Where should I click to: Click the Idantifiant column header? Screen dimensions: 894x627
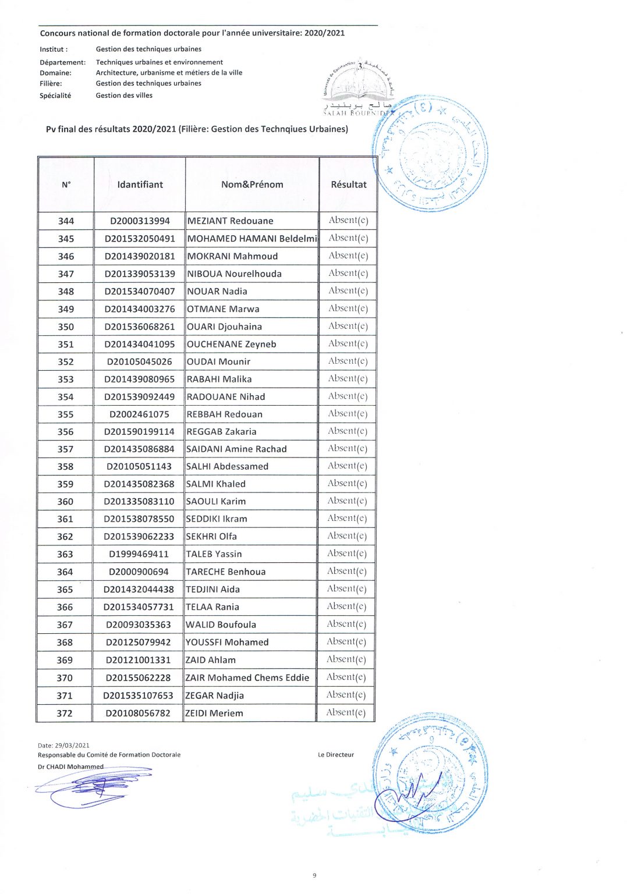(140, 185)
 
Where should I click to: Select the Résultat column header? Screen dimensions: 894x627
(349, 185)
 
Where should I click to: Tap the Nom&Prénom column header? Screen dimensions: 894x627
(252, 185)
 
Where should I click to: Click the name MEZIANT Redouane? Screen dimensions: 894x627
(230, 221)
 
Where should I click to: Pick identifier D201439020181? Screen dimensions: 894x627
(140, 256)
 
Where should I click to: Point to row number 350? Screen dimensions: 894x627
(66, 327)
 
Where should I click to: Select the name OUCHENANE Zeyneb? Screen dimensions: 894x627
(231, 344)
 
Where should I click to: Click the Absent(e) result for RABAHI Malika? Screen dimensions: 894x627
(348, 379)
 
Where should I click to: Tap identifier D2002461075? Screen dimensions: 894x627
(139, 414)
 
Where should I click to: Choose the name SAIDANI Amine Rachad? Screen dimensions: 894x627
(236, 449)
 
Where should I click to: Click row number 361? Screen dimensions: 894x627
(65, 519)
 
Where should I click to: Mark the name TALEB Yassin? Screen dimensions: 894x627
(214, 554)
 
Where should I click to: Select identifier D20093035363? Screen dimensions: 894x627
(139, 625)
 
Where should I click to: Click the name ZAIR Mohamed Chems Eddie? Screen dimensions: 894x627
(247, 677)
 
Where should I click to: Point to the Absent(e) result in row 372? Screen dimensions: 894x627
(346, 712)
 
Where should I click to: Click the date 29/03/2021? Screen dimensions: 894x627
(72, 745)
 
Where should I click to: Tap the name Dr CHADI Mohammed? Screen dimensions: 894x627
(70, 767)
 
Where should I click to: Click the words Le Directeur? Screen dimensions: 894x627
(336, 755)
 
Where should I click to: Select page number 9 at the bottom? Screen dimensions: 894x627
(314, 875)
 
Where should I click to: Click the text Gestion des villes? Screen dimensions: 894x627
(124, 95)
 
